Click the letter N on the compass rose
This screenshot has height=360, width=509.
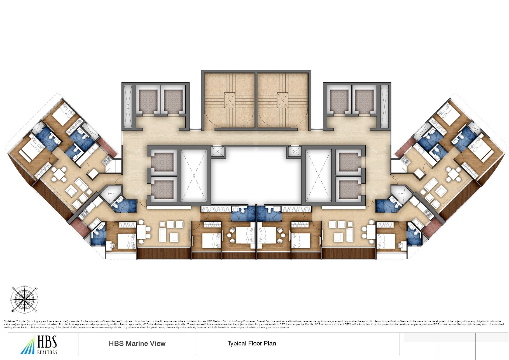(x=13, y=288)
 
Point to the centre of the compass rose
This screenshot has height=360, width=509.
(x=24, y=300)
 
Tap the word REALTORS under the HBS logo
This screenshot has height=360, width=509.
(x=47, y=352)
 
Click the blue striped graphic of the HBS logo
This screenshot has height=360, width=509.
(x=28, y=346)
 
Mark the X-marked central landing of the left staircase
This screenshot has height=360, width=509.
(x=229, y=100)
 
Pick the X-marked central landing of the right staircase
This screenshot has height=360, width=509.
(x=282, y=100)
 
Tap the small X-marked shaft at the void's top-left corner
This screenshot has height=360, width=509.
(x=217, y=151)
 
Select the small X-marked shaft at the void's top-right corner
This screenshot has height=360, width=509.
(x=294, y=151)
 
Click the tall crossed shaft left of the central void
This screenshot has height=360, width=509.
(x=194, y=176)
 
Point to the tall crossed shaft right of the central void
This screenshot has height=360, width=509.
(x=319, y=176)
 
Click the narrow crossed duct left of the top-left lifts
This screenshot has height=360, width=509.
(x=128, y=106)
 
